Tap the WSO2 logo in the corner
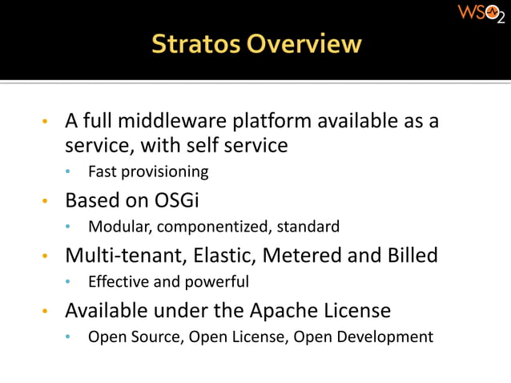(480, 14)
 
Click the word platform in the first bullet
(272, 122)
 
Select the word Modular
(120, 227)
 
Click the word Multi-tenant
(116, 255)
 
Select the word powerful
(218, 282)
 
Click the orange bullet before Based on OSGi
(46, 200)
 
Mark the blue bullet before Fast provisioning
(70, 172)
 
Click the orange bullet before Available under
(46, 311)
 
